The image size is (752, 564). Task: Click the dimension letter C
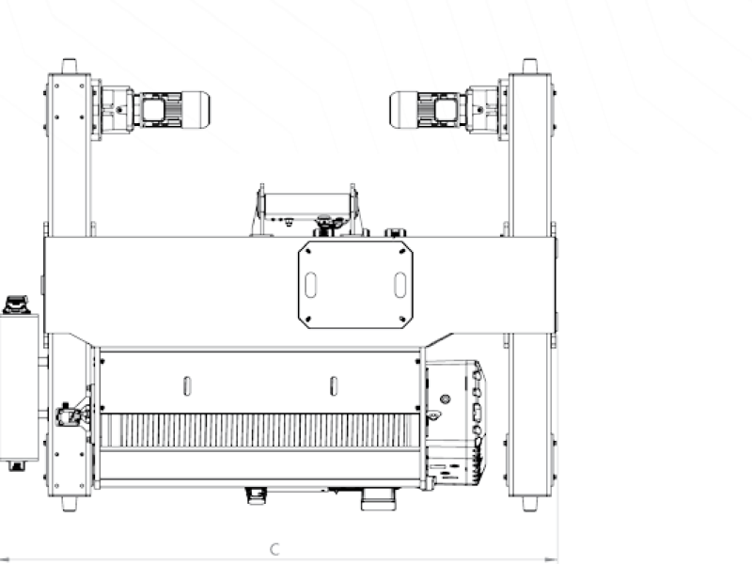tap(274, 549)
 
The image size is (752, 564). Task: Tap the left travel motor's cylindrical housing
tap(196, 110)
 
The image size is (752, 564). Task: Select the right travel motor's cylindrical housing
tap(404, 110)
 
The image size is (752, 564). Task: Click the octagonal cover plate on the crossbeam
tap(355, 285)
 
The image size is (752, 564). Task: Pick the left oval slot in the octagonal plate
tap(310, 285)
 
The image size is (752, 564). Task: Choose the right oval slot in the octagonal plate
tap(400, 285)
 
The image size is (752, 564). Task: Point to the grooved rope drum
tap(259, 431)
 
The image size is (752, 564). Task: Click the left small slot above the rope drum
tap(187, 386)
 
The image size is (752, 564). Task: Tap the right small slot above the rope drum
tap(334, 386)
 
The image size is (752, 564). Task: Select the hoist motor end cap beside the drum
tap(456, 422)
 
